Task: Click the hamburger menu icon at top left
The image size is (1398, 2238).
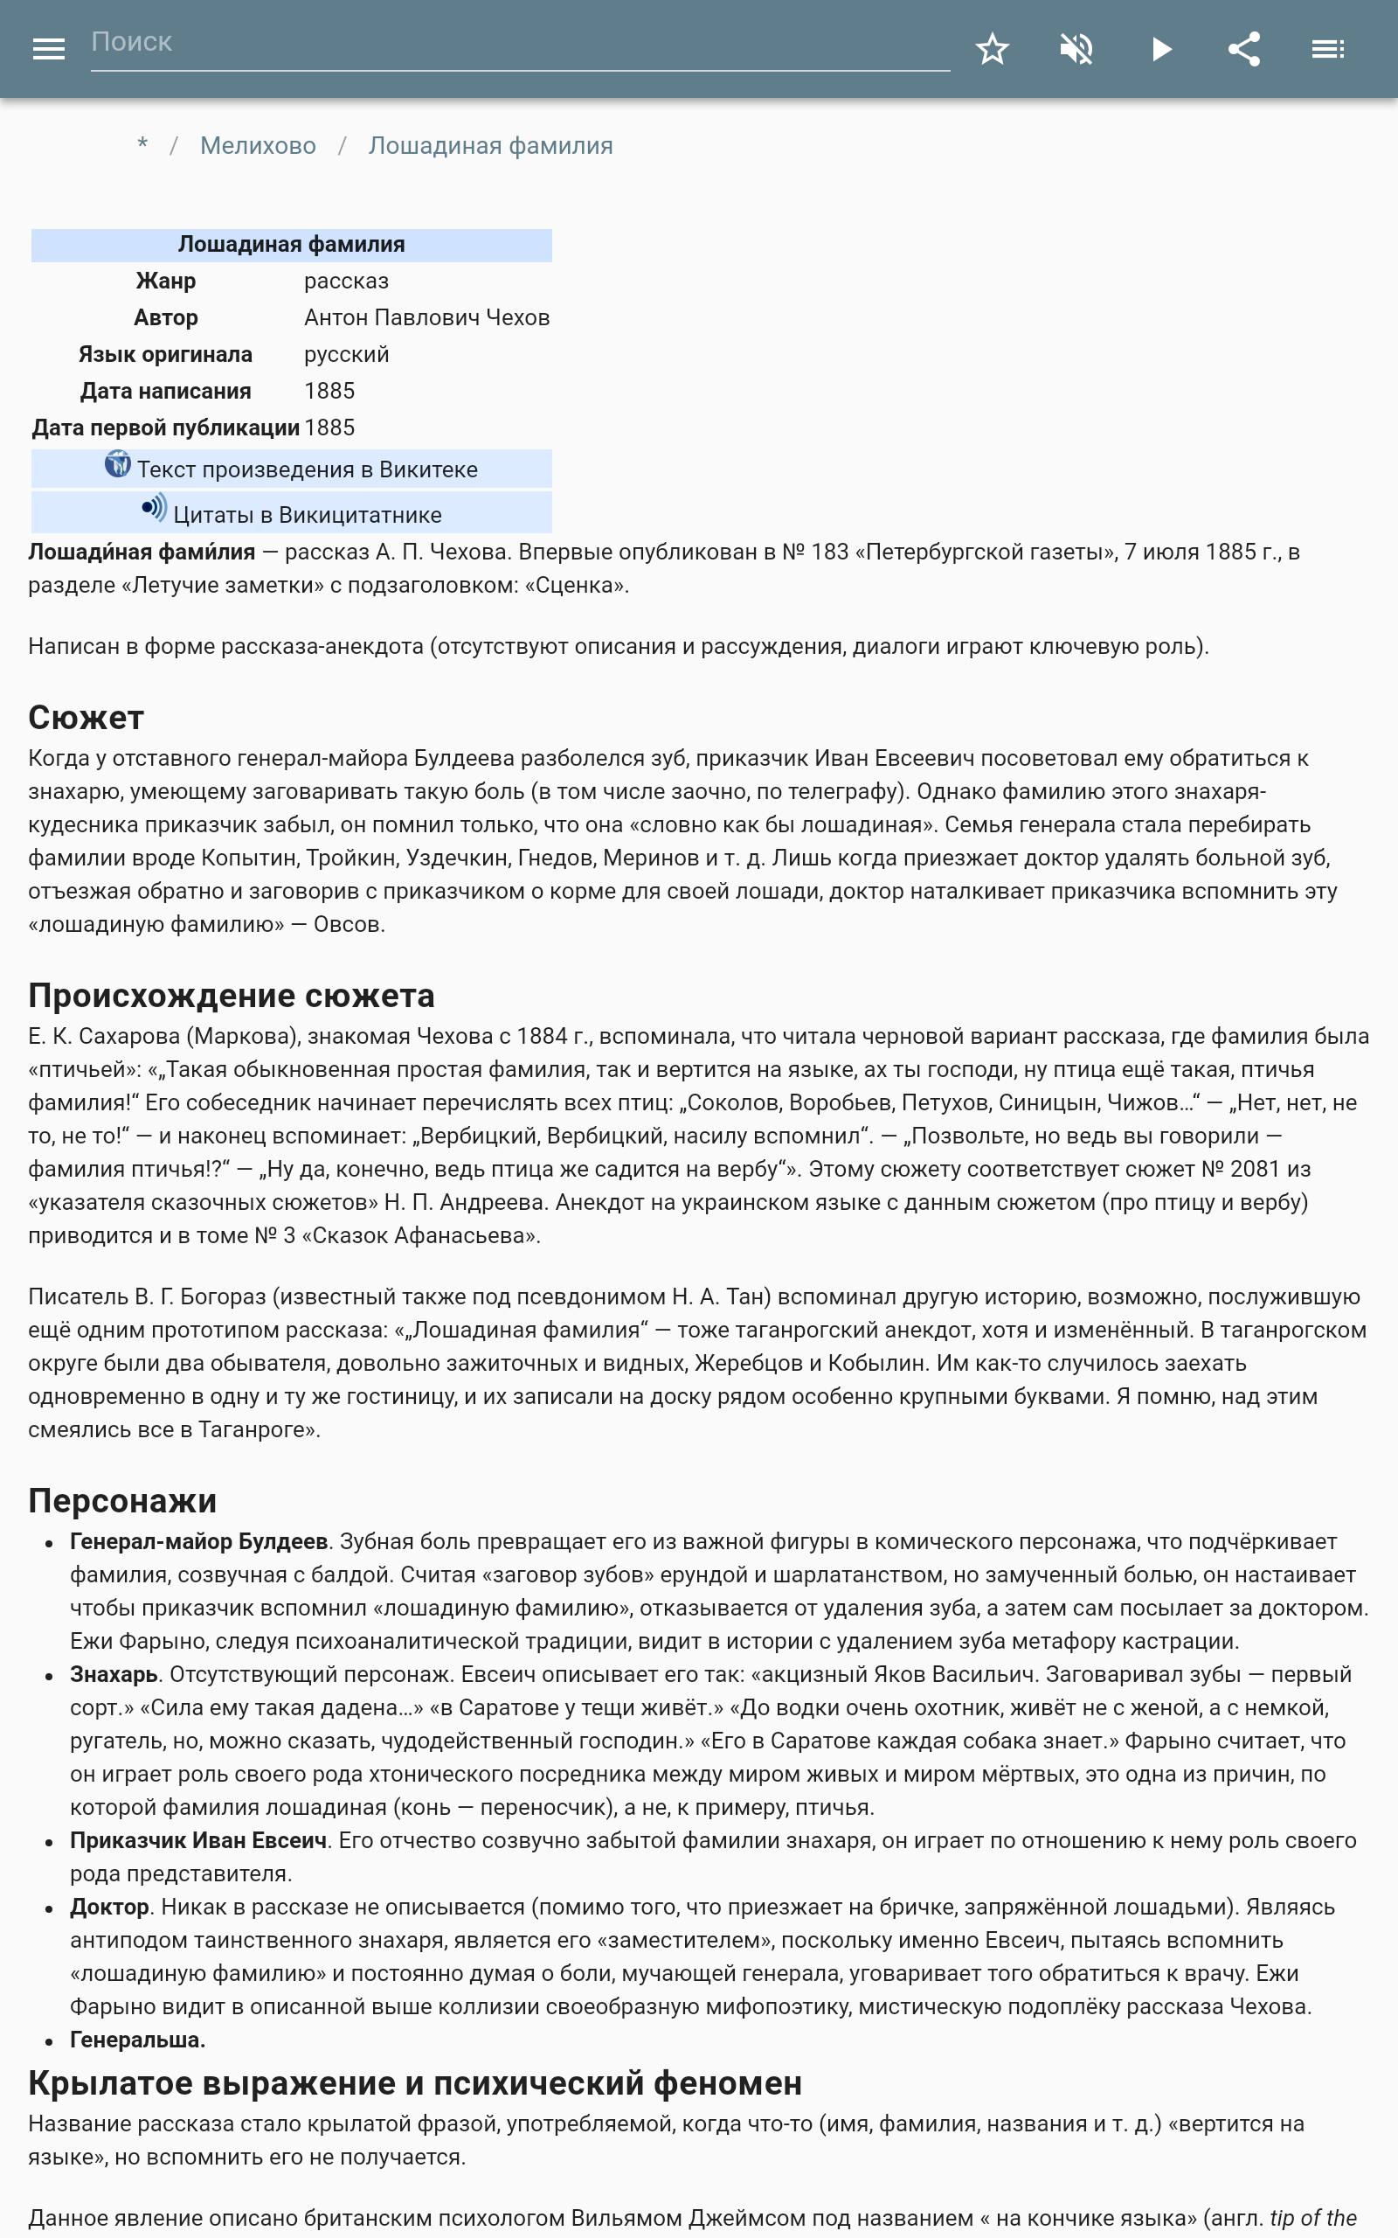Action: (x=48, y=49)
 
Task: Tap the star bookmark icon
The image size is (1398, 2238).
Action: (x=992, y=49)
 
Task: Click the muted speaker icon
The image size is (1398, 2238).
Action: (x=1076, y=49)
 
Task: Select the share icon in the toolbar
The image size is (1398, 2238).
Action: (x=1244, y=49)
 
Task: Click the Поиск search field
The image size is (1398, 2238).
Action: (x=518, y=44)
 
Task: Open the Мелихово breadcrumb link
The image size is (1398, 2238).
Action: (x=258, y=146)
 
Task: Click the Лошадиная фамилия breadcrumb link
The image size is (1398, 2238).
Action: (x=490, y=146)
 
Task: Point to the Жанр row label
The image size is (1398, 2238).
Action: (x=165, y=281)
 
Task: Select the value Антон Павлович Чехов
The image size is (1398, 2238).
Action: (x=426, y=318)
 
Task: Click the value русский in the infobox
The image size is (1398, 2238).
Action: (x=347, y=355)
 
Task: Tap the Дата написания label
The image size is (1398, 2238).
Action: (x=165, y=391)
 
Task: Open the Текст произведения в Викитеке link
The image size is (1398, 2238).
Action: (x=307, y=469)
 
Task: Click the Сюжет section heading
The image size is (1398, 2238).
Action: (x=86, y=718)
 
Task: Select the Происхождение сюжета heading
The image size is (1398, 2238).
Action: (x=232, y=996)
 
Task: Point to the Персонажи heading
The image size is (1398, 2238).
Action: (x=122, y=1501)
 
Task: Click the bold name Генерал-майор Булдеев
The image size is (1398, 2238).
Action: (x=199, y=1541)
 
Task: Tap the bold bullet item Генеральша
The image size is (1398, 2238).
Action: (x=138, y=2040)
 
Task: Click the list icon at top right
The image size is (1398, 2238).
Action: (x=1328, y=49)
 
